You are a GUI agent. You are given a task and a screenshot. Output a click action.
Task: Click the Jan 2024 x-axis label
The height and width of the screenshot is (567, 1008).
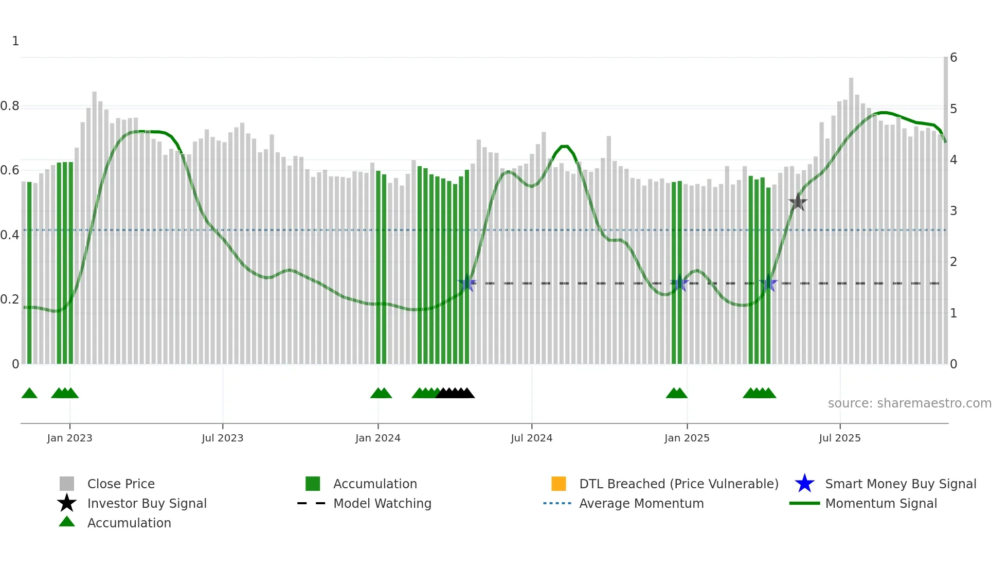[x=377, y=438]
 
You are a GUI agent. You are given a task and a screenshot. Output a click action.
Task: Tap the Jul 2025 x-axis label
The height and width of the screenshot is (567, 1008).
[x=839, y=438]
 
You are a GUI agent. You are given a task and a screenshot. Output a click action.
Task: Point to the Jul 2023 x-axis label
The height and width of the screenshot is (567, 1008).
[x=222, y=438]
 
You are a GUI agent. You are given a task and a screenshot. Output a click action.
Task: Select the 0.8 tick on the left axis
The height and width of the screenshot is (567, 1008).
[x=10, y=107]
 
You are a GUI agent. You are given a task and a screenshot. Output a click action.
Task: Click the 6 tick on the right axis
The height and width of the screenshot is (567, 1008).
[x=953, y=58]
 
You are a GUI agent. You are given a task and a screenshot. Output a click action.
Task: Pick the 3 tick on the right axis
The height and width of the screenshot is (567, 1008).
[x=953, y=211]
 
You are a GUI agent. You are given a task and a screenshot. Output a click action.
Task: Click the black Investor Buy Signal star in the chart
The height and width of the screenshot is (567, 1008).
[x=798, y=202]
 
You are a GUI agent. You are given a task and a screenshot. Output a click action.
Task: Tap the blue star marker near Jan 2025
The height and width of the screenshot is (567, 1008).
[x=679, y=282]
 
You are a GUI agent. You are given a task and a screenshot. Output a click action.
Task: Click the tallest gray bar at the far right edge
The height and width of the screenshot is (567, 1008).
[x=945, y=206]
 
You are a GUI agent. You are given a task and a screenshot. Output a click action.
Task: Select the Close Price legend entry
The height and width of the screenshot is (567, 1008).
[x=121, y=484]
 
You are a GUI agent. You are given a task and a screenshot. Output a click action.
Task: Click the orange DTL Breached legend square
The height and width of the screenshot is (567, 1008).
[x=559, y=484]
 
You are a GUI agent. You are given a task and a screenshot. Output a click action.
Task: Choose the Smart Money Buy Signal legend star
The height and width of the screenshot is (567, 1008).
[x=804, y=484]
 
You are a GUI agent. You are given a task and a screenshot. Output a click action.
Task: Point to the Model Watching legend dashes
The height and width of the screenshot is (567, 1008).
[x=312, y=504]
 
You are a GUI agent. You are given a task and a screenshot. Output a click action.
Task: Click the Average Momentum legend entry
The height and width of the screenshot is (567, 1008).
[x=641, y=504]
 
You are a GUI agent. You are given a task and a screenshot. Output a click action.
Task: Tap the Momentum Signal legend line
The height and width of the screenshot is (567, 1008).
[x=804, y=504]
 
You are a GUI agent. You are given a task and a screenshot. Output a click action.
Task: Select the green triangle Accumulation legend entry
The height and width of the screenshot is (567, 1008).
[x=67, y=522]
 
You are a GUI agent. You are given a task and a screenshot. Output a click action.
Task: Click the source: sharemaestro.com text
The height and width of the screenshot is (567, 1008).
[x=909, y=403]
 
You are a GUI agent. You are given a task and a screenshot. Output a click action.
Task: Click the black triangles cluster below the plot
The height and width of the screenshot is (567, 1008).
[x=455, y=393]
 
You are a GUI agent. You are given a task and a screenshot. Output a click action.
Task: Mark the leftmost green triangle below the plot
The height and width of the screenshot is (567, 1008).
[x=29, y=394]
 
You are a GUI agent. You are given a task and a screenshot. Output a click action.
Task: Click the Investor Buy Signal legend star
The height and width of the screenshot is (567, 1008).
[x=67, y=503]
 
